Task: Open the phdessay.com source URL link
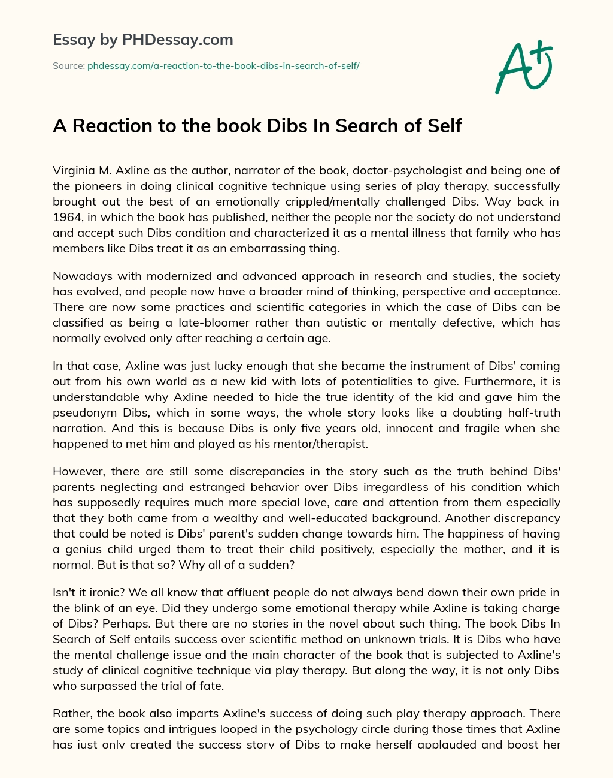[x=223, y=66]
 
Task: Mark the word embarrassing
[x=261, y=248]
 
